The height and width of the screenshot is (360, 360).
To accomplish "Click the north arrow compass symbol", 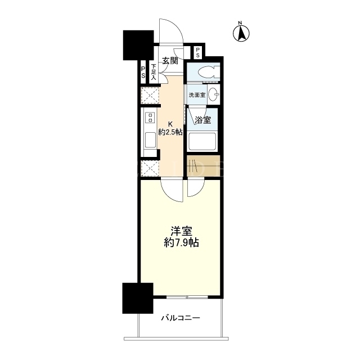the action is click(241, 33).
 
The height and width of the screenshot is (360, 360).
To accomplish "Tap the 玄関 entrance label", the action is click(170, 61).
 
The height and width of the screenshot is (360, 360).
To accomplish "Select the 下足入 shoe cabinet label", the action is click(154, 72).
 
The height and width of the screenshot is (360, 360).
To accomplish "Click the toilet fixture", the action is click(206, 71).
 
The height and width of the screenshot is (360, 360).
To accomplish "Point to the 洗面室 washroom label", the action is click(197, 95).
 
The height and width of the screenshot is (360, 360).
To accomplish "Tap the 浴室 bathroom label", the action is click(202, 120).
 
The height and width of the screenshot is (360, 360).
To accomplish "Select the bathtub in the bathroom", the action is click(202, 141).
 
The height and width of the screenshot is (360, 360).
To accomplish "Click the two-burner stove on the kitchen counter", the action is click(150, 118).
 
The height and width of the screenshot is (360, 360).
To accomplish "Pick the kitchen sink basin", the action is click(150, 139).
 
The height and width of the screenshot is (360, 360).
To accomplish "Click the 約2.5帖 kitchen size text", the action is click(170, 132).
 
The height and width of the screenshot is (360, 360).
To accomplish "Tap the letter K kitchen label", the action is click(170, 124).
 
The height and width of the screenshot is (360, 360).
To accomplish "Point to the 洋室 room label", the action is click(181, 231).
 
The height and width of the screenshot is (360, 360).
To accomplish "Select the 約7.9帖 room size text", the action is click(181, 242).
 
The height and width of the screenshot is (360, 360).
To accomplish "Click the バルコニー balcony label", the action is click(180, 318).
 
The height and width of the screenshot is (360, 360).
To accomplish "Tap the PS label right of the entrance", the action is click(197, 52).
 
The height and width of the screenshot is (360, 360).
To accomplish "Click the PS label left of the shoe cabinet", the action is click(143, 72).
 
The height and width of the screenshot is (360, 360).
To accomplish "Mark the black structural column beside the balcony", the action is click(138, 298).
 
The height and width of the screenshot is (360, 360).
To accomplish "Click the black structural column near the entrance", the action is click(138, 45).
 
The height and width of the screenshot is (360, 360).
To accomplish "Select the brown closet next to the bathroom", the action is click(204, 166).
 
